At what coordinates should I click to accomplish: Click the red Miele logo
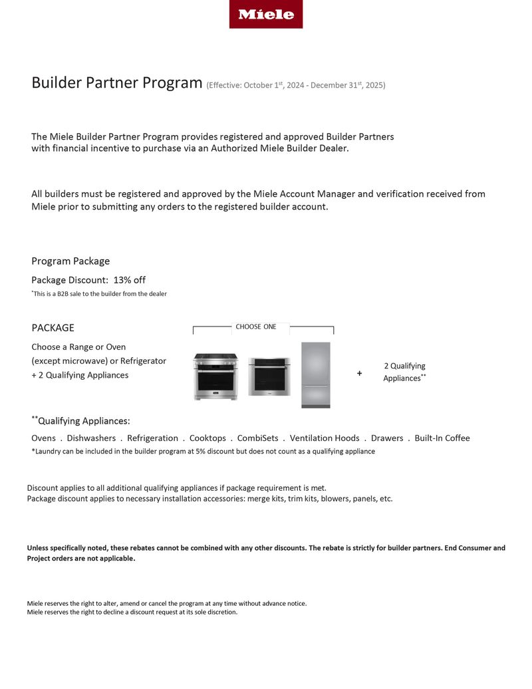point(266,14)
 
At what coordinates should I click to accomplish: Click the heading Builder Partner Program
point(116,83)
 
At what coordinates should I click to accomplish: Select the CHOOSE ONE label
point(256,327)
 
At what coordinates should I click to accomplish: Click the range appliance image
point(215,376)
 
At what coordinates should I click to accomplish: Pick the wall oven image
point(269,376)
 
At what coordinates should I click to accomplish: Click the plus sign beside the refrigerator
point(360,374)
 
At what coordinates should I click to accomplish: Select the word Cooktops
point(207,438)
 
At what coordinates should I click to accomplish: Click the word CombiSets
point(256,438)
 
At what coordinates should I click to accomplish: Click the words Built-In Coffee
point(442,438)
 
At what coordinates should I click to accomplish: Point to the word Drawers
point(387,438)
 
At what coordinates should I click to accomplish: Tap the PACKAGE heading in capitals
point(53,328)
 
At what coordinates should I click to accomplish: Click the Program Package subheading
point(70,261)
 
